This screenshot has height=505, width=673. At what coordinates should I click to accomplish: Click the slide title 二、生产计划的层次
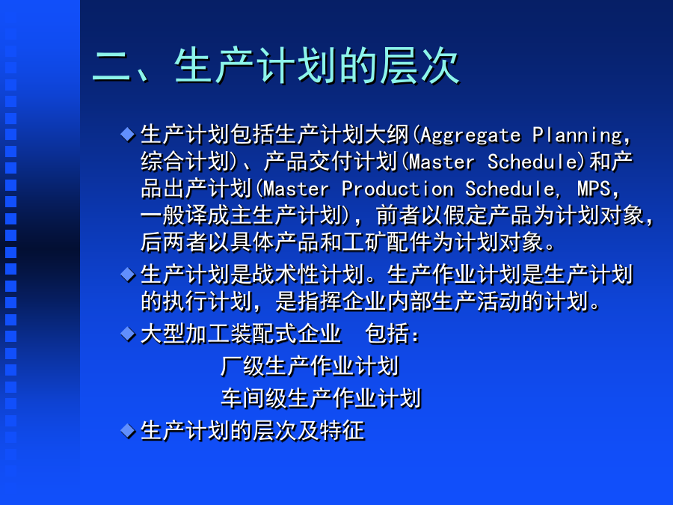point(275,66)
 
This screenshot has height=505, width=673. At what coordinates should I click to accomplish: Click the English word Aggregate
point(470,135)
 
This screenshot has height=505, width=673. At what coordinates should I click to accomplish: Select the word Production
point(398,189)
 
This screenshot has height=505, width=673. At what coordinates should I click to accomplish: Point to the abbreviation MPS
point(594,189)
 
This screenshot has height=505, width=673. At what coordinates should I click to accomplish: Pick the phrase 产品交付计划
point(330,162)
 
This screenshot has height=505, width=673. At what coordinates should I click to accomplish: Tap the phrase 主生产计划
point(286,215)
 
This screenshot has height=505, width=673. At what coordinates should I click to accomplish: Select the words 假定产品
point(488,215)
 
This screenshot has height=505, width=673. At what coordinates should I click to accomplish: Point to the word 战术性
point(286,275)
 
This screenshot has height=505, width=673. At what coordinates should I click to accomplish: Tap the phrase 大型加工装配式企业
point(241,334)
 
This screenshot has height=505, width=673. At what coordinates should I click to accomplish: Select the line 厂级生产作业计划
point(310,367)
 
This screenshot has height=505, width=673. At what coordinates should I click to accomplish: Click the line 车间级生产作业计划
point(321,398)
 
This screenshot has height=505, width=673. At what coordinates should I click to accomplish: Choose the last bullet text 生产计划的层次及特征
point(253,431)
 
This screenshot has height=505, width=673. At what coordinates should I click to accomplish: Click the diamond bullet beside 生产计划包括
point(128,135)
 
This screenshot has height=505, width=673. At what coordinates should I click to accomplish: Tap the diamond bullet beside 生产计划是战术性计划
point(128,275)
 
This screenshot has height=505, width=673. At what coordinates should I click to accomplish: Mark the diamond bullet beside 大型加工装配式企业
point(128,334)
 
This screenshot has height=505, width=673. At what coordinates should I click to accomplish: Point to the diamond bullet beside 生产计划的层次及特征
point(128,430)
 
